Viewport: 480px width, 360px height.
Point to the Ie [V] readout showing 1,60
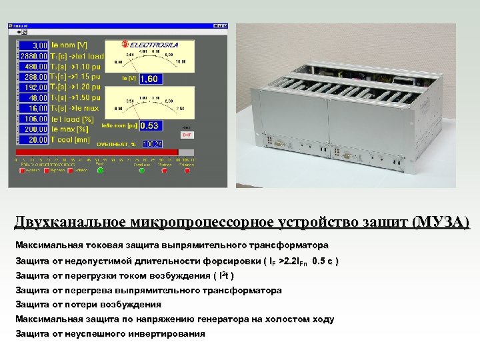click(149, 79)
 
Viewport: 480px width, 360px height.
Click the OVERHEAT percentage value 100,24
click(152, 143)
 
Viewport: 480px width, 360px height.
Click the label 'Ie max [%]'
click(71, 129)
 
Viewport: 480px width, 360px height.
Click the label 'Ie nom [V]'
click(69, 45)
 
